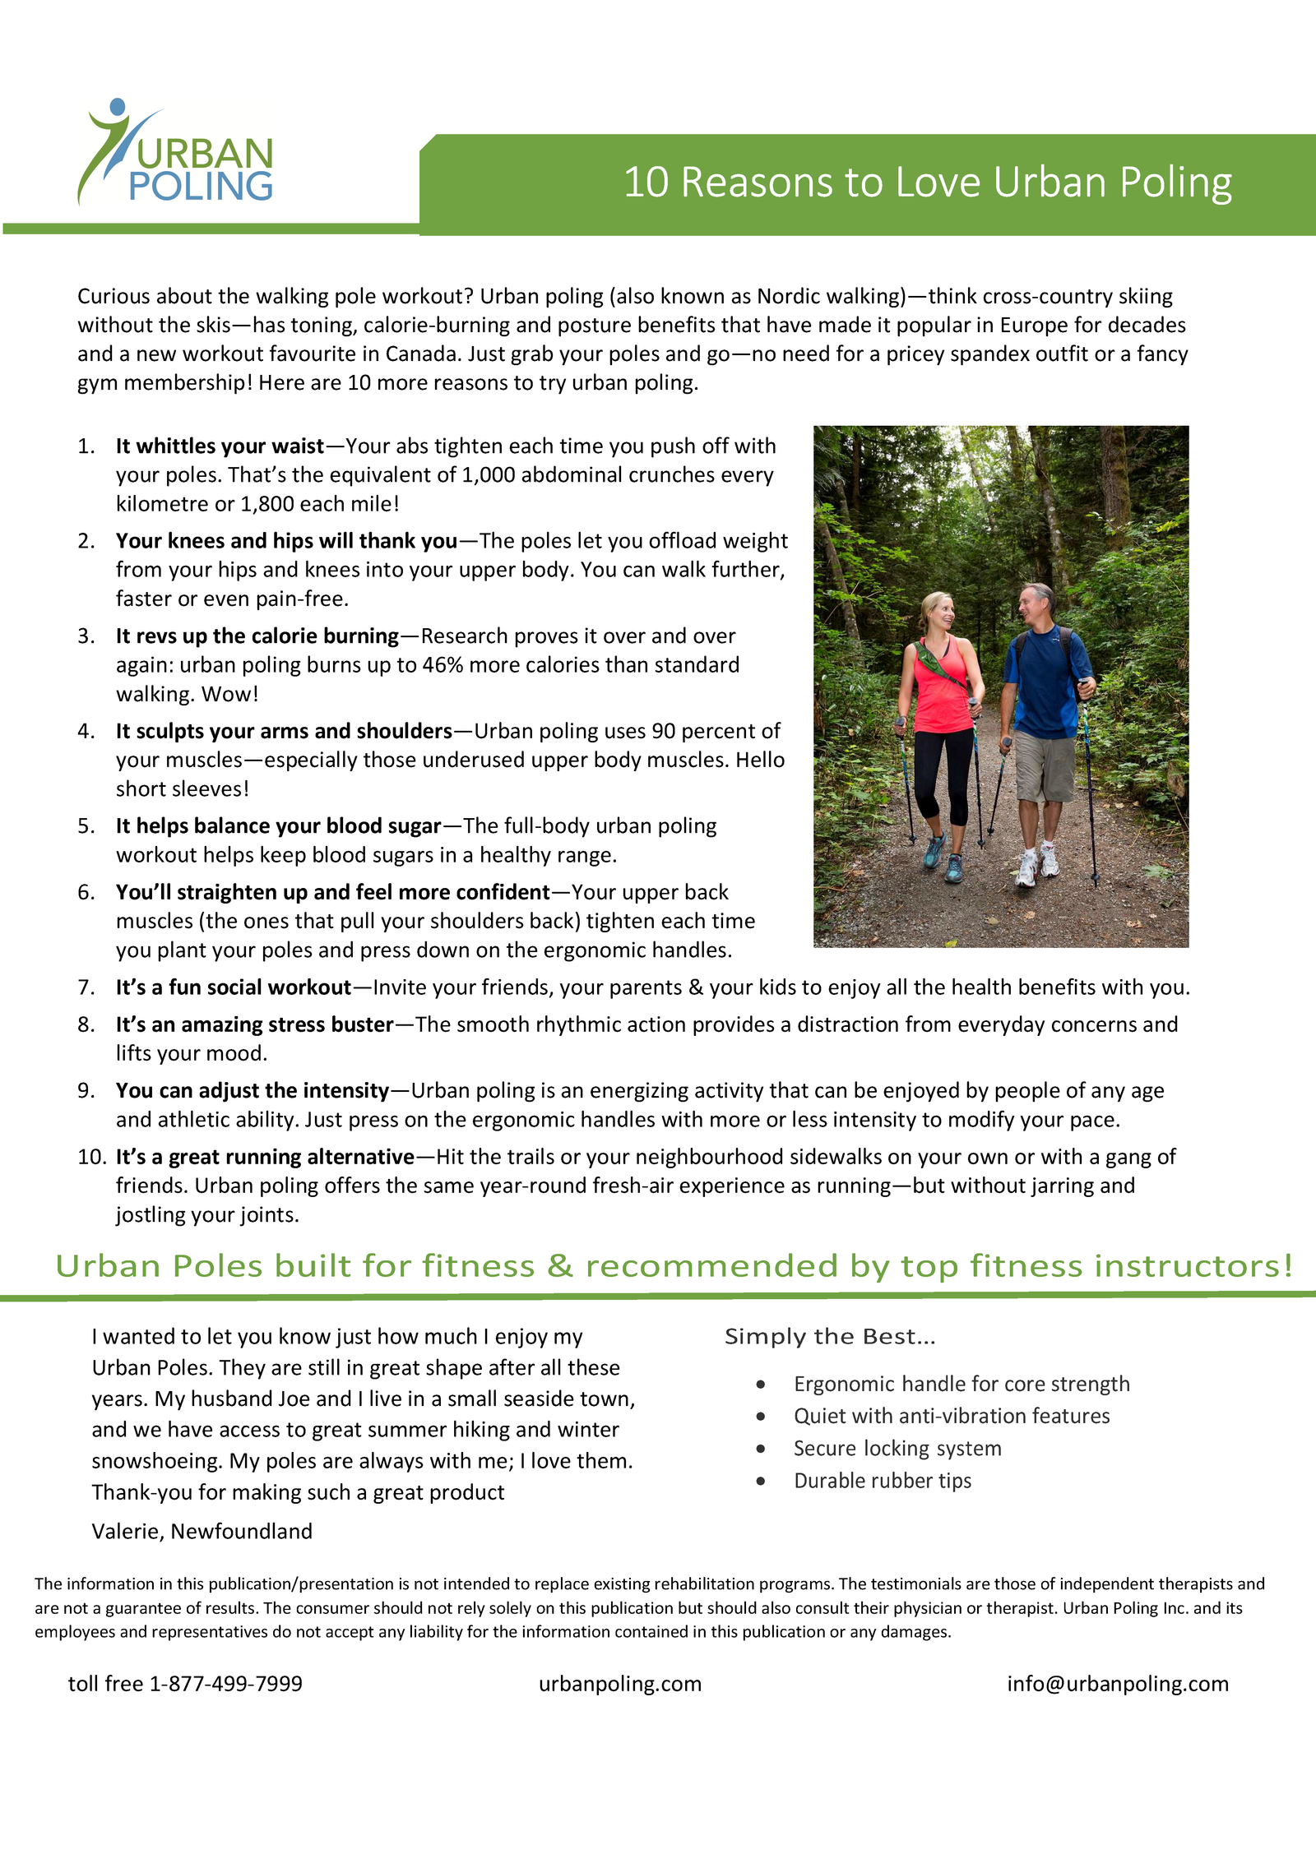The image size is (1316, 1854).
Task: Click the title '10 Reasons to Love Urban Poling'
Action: point(927,183)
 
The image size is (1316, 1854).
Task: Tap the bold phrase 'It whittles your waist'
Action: point(220,446)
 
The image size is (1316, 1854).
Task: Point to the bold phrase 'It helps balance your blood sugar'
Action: point(278,826)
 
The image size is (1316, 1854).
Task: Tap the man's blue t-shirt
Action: point(1043,682)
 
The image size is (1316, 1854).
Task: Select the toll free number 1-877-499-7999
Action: point(225,1684)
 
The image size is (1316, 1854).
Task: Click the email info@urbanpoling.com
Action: point(1118,1684)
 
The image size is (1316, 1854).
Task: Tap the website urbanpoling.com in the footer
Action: point(620,1684)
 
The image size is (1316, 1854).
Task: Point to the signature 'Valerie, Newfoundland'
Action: point(202,1531)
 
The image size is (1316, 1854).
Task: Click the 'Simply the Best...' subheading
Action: point(830,1337)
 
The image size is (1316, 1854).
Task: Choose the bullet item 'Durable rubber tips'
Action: point(883,1481)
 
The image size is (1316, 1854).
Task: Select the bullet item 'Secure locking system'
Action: point(897,1449)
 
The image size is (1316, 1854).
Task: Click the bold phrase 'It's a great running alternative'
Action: point(265,1158)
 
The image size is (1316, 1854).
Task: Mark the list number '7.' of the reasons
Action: point(86,987)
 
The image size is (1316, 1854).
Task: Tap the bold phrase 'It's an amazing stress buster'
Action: point(254,1025)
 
